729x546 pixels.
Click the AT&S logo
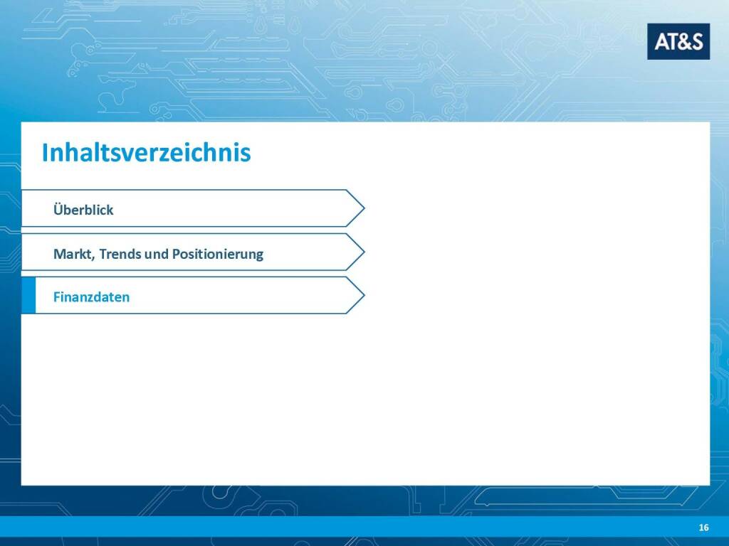pos(678,41)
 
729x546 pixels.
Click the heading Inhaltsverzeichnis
pos(147,152)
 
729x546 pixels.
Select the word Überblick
pos(83,210)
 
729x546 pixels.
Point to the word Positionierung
pos(218,255)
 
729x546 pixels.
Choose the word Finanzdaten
pos(92,297)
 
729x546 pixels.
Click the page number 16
pos(703,528)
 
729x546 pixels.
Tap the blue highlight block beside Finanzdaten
pos(28,295)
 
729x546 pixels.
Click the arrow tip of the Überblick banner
pos(364,208)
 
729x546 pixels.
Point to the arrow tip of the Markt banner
pos(364,252)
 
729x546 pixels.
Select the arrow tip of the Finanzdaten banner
pos(364,295)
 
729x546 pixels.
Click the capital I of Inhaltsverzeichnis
pos(45,152)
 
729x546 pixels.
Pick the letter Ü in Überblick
pos(58,209)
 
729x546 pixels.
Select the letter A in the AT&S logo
pos(661,42)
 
